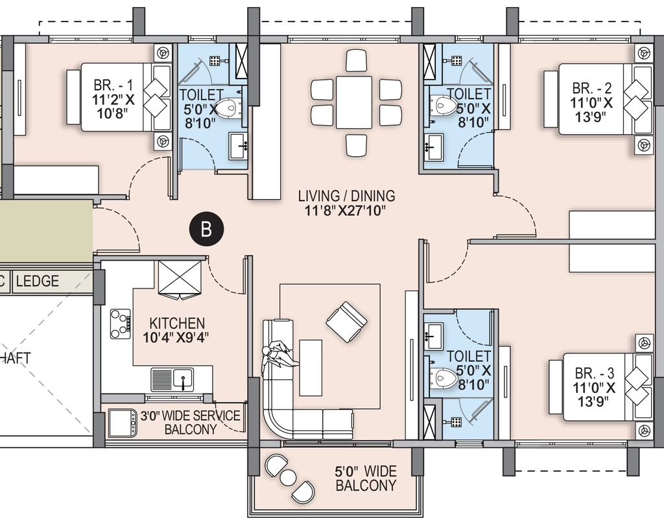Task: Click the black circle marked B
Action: pyautogui.click(x=206, y=229)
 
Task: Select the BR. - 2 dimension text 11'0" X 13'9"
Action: pyautogui.click(x=591, y=110)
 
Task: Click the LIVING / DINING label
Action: pyautogui.click(x=346, y=196)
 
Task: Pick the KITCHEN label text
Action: pyautogui.click(x=177, y=323)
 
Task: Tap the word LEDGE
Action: pyautogui.click(x=37, y=281)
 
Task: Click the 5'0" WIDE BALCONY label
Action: pyautogui.click(x=366, y=478)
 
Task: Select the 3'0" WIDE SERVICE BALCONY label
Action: pyautogui.click(x=190, y=422)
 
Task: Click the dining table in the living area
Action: pyautogui.click(x=354, y=102)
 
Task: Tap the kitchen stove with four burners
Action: pyautogui.click(x=120, y=324)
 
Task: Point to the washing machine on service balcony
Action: pyautogui.click(x=123, y=423)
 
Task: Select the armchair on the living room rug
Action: pyautogui.click(x=346, y=322)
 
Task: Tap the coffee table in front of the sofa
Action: pyautogui.click(x=311, y=368)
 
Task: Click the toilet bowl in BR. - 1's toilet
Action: pyautogui.click(x=228, y=108)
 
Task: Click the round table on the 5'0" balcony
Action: pyautogui.click(x=288, y=478)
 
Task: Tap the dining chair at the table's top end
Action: pyautogui.click(x=356, y=61)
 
